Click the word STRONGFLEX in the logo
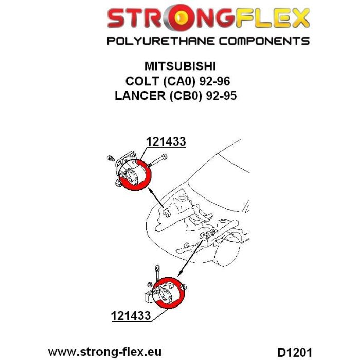pyautogui.click(x=208, y=20)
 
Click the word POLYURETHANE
pyautogui.click(x=154, y=41)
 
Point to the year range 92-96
pyautogui.click(x=215, y=81)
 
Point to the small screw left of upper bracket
pyautogui.click(x=110, y=157)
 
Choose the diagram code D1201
pyautogui.click(x=293, y=352)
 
